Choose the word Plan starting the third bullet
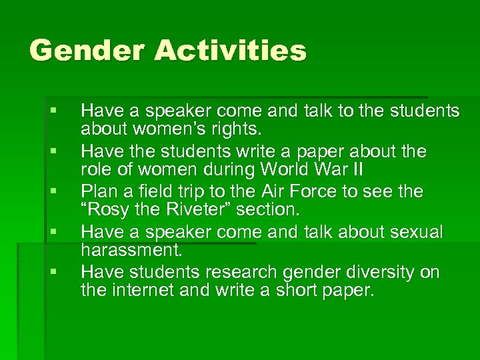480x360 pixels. point(99,191)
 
